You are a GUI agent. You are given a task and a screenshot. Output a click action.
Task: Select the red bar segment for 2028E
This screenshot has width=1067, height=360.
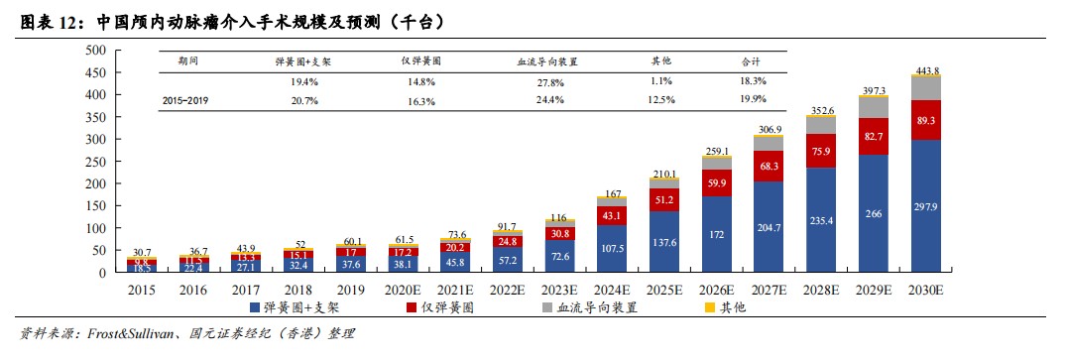pos(821,151)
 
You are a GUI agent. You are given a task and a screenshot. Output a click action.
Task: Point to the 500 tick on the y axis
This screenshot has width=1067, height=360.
pos(94,50)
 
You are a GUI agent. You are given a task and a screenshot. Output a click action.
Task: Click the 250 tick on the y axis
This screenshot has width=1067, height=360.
pos(94,161)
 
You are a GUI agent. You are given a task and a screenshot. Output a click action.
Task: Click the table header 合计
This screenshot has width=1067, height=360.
pos(752,60)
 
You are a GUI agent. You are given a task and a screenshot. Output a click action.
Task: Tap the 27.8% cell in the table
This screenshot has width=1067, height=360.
pos(548,81)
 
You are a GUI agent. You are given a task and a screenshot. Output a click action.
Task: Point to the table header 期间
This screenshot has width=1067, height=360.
pos(187,60)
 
